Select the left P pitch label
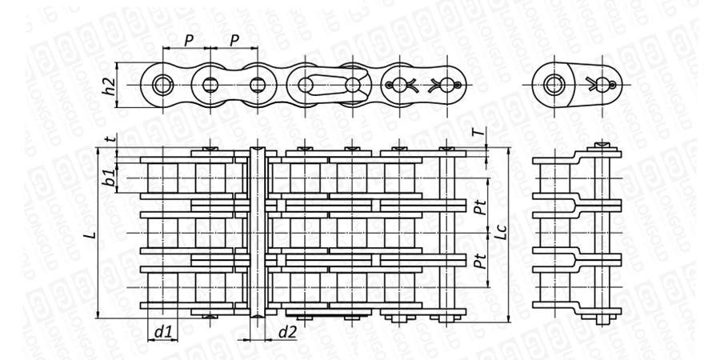click(x=189, y=39)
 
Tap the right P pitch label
click(x=235, y=39)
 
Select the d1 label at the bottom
click(x=162, y=331)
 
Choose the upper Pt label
click(x=479, y=210)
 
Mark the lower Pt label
click(x=479, y=261)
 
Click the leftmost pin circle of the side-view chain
click(x=164, y=84)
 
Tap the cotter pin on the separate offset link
click(x=601, y=84)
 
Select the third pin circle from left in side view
click(x=258, y=84)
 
